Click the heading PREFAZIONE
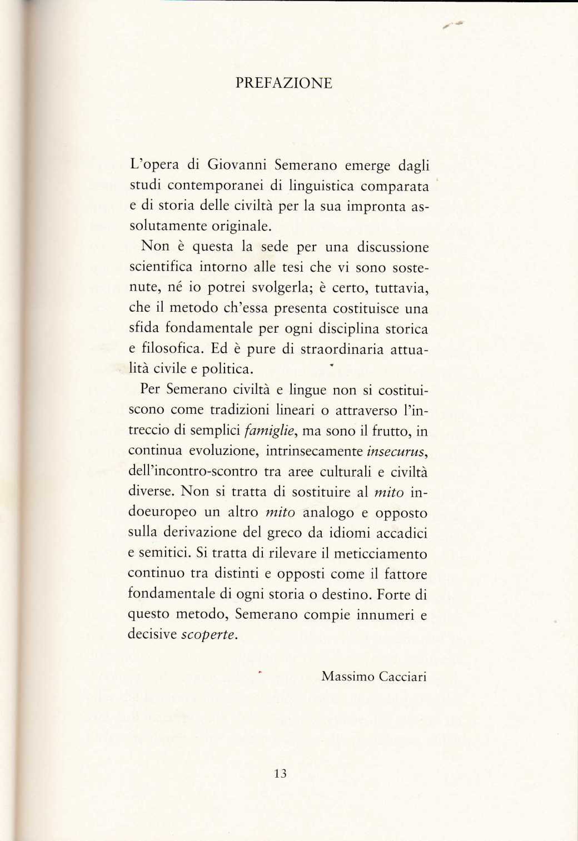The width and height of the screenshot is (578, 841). (284, 83)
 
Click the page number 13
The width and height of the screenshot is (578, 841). (280, 773)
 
